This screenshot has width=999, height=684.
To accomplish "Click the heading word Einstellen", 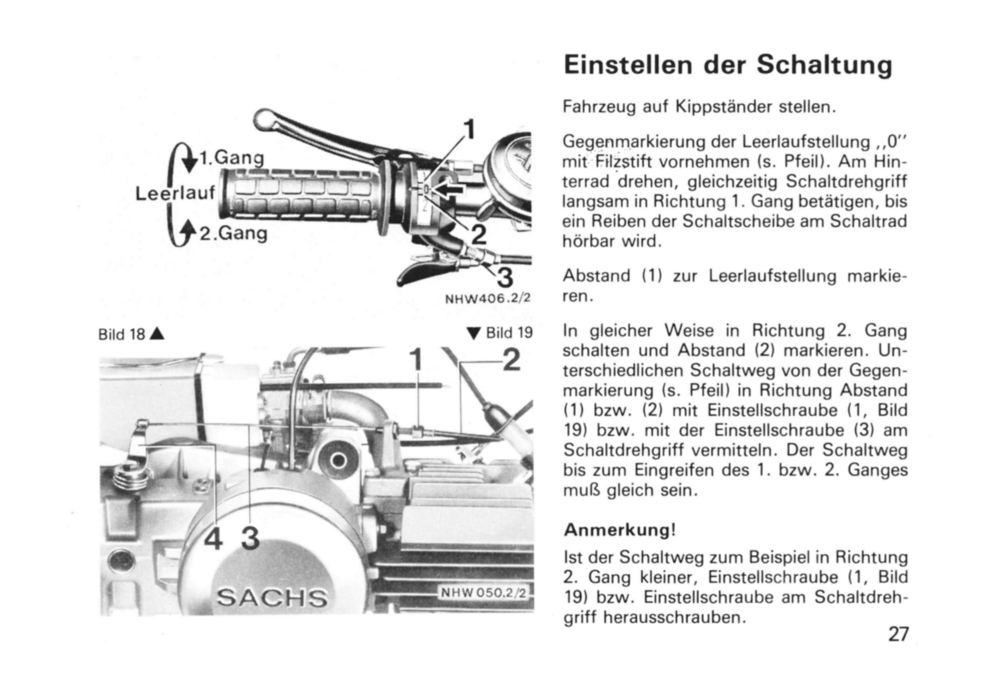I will click(x=627, y=65).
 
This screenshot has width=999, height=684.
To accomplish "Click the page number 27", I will click(x=898, y=634).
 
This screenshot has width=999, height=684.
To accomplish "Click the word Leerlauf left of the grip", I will click(x=175, y=194).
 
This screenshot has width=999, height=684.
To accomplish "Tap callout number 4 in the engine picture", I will click(x=213, y=539).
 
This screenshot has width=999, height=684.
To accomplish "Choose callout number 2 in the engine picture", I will click(x=511, y=361).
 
